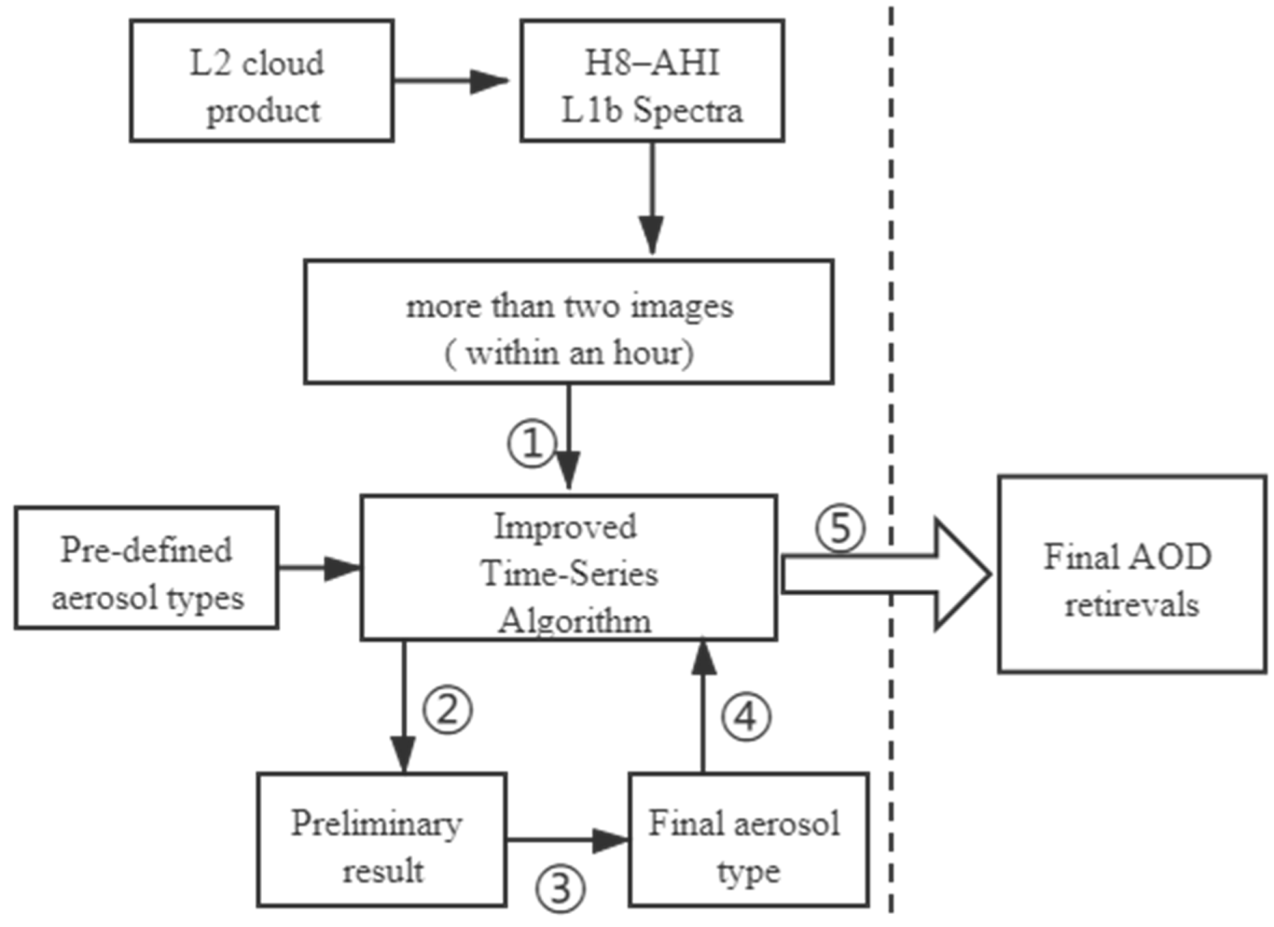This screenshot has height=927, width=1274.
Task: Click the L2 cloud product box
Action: point(261,81)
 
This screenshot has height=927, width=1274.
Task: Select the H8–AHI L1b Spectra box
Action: point(652,81)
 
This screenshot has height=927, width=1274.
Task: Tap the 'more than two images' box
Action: point(569,322)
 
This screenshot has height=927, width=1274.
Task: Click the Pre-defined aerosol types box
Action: point(147,568)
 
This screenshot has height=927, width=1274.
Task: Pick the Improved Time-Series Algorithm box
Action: point(568,568)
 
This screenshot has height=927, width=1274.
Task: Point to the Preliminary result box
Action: point(382,839)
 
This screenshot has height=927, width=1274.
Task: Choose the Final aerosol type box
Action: point(749,839)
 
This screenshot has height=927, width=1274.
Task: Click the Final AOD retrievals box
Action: point(1132,574)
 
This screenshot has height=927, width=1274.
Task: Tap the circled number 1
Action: point(532,444)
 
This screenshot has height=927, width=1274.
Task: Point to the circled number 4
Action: point(745,717)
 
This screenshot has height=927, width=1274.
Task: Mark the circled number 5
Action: point(840,528)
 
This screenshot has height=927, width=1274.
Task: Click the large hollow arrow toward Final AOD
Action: point(887,574)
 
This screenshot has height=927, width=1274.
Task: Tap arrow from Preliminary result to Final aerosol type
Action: point(567,840)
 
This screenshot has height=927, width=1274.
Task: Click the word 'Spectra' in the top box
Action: point(688,112)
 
